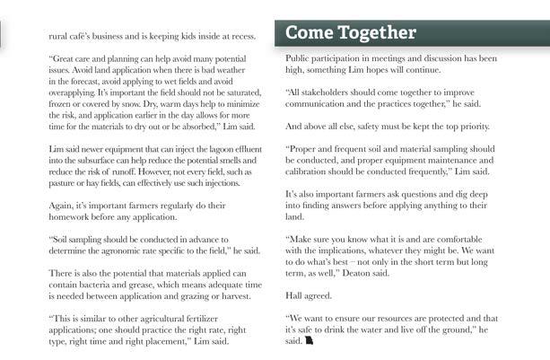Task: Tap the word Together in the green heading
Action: (x=379, y=33)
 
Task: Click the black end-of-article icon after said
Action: (x=310, y=341)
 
